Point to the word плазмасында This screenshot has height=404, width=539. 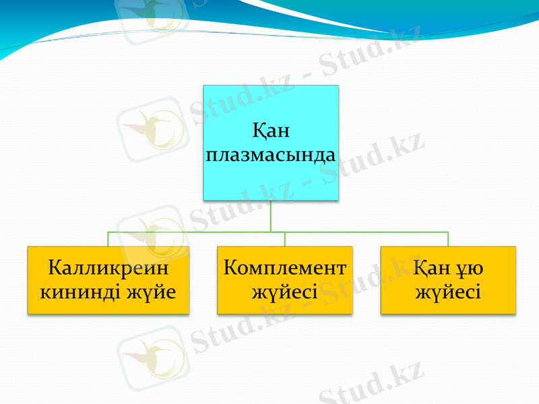pos(271,154)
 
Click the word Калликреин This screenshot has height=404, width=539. pos(108,269)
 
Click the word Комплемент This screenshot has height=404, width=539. pos(284,269)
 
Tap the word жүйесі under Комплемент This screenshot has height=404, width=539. pos(284,293)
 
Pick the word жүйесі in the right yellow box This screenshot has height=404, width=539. pos(448,293)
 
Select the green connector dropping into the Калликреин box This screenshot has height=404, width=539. pos(108,239)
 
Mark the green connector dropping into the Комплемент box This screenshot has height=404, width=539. pos(285,239)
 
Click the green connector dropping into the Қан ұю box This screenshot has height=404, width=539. pos(448,239)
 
